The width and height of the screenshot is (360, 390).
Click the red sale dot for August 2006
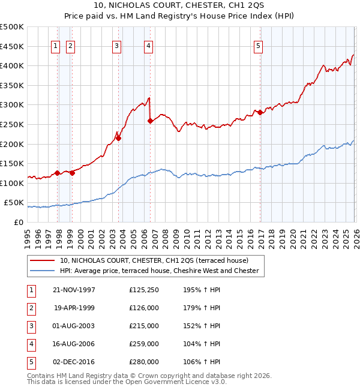pyautogui.click(x=150, y=121)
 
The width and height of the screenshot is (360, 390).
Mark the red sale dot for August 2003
pyautogui.click(x=119, y=138)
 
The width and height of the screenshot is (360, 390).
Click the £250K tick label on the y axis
pyautogui.click(x=12, y=124)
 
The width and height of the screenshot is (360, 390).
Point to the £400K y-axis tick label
pyautogui.click(x=12, y=65)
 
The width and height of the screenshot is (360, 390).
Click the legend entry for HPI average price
pyautogui.click(x=159, y=271)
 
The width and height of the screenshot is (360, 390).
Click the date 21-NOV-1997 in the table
pyautogui.click(x=74, y=290)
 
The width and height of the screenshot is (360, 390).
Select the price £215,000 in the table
pyautogui.click(x=144, y=326)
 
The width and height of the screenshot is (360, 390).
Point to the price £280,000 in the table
pyautogui.click(x=144, y=362)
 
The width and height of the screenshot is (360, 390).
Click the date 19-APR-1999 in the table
pyautogui.click(x=74, y=308)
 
